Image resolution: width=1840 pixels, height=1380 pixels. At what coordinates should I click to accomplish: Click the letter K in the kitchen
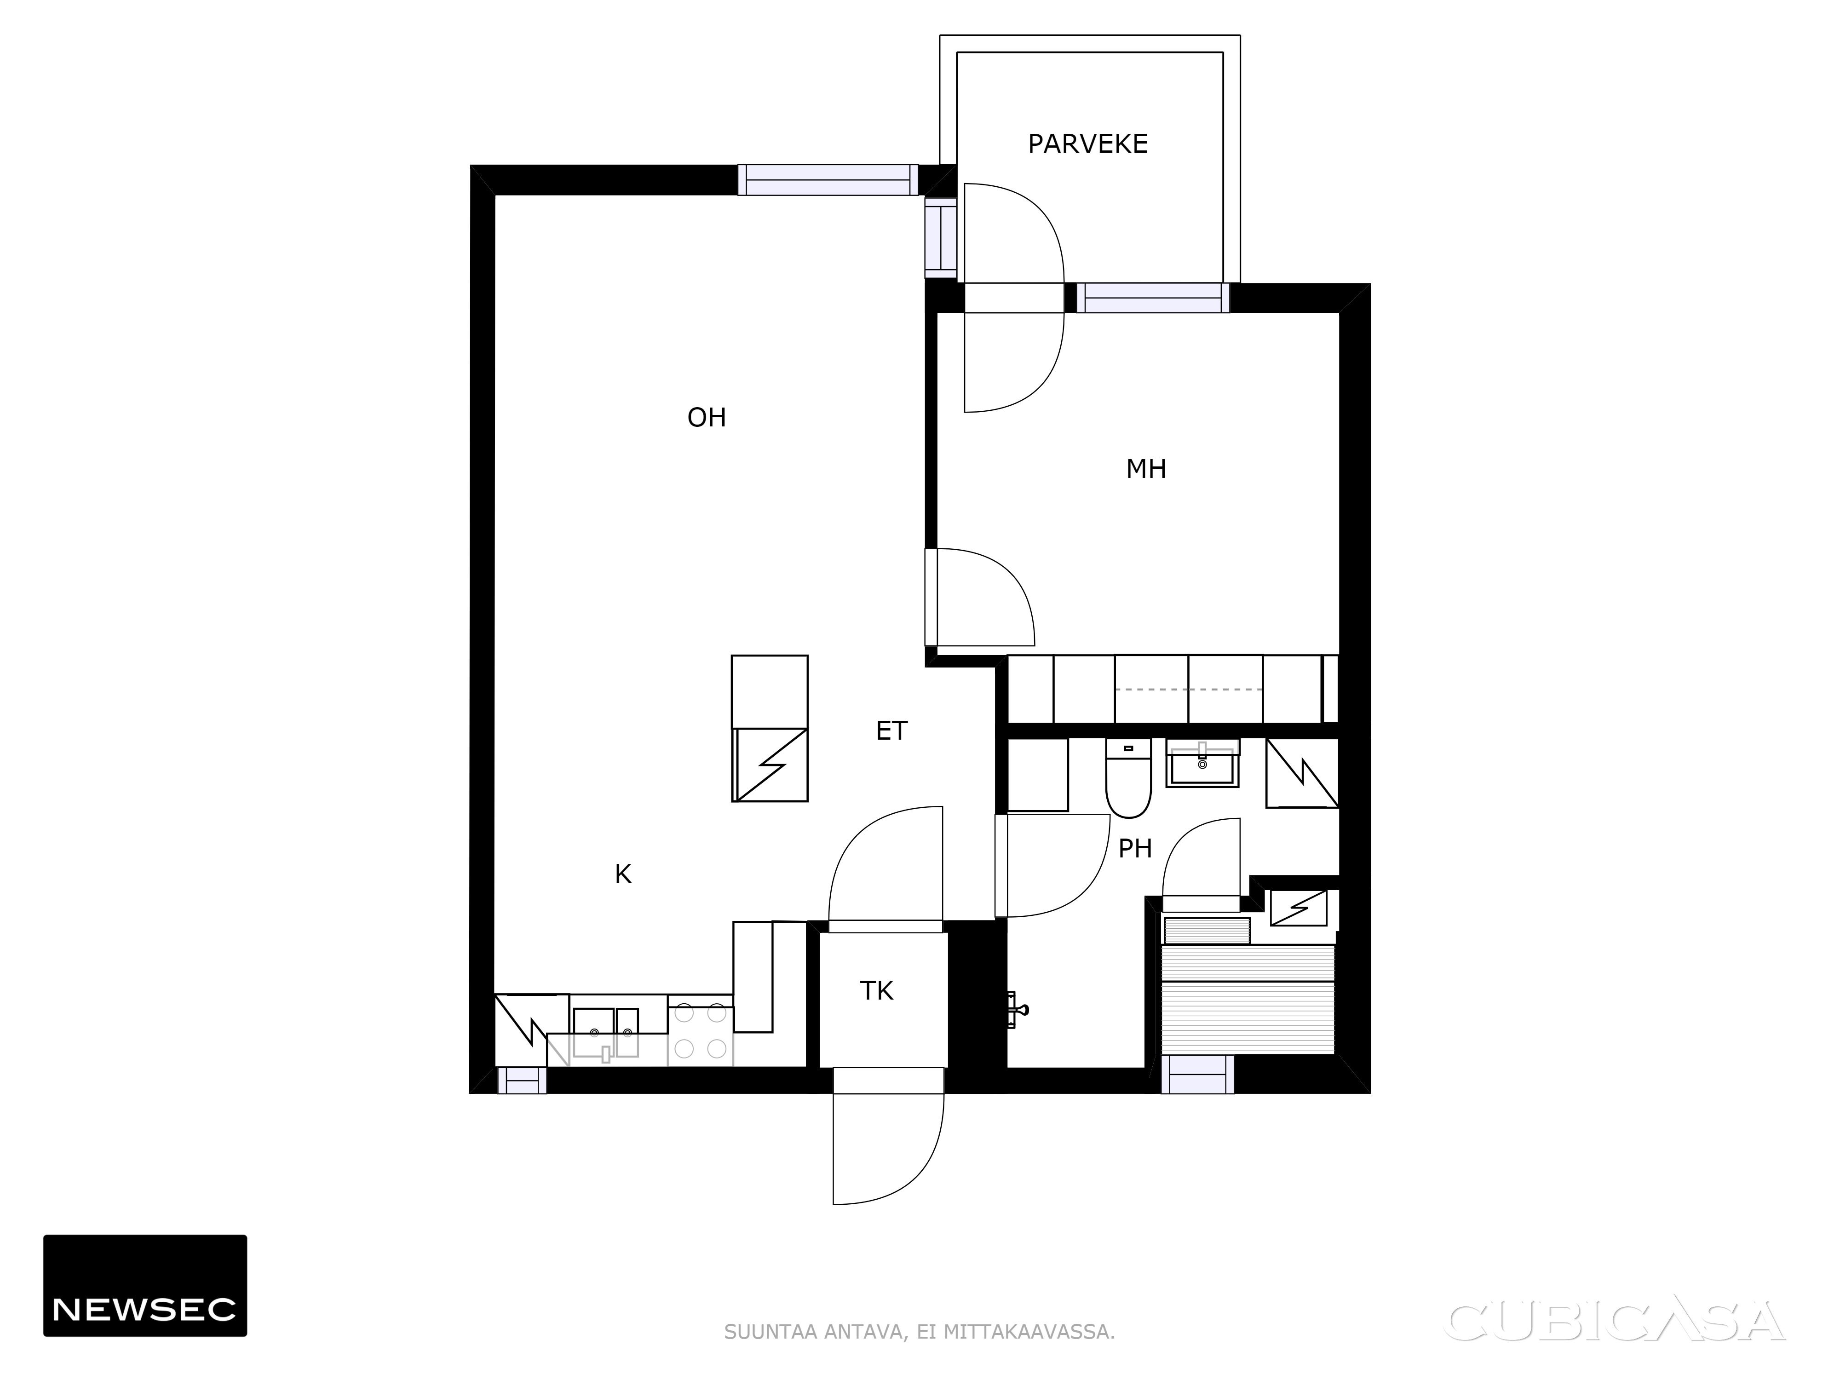pyautogui.click(x=622, y=874)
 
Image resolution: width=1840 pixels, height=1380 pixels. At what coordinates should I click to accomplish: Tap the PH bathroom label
pyautogui.click(x=1135, y=848)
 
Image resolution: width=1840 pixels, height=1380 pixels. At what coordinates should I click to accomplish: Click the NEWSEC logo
pyautogui.click(x=145, y=1285)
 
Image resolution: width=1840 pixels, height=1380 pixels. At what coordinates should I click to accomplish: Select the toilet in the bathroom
pyautogui.click(x=1128, y=779)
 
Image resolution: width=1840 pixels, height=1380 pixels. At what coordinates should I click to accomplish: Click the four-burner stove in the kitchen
pyautogui.click(x=700, y=1031)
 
